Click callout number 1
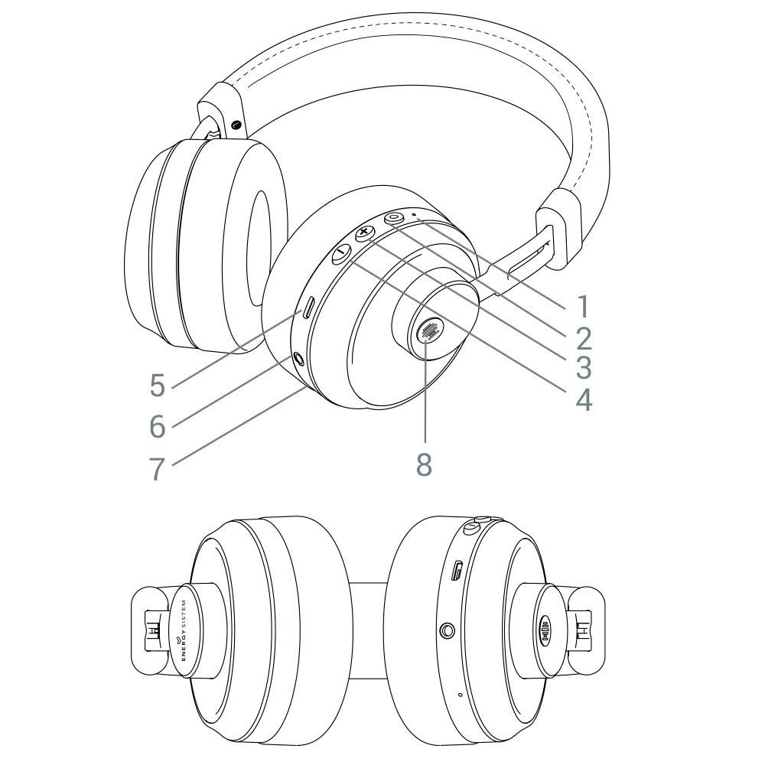pos(584,306)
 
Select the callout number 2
pos(584,337)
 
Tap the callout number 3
pos(584,368)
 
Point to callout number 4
pos(584,399)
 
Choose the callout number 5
pos(157,386)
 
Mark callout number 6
pos(157,427)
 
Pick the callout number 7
pos(157,468)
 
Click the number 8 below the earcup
pos(425,464)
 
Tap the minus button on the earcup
pos(340,255)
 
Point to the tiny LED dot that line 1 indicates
pos(414,215)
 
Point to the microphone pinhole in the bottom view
pos(459,695)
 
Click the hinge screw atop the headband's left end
pos(235,125)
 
